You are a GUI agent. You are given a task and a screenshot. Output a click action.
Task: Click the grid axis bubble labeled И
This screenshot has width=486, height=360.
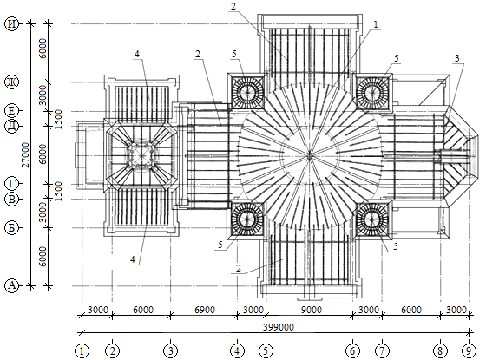pos(12,23)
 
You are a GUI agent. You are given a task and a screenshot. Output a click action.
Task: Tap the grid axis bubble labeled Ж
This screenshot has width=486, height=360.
pos(12,82)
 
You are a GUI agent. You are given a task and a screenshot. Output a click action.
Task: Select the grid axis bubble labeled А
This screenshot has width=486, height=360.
pos(12,285)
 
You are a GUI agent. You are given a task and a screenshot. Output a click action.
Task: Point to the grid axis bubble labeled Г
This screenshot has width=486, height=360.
pos(12,184)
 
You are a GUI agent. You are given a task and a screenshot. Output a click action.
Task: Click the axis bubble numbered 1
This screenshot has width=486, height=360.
pos(82,350)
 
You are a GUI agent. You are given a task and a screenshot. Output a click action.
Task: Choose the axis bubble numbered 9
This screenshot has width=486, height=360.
pos(469,350)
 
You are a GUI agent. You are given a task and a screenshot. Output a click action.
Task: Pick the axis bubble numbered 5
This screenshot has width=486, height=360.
pos(266,350)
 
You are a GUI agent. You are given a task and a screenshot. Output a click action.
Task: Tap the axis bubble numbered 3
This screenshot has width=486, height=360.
pos(170,350)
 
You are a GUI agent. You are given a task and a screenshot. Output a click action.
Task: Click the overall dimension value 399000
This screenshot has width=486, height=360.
pos(279,327)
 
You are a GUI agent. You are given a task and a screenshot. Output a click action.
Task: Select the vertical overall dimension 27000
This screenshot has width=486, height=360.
pos(26,155)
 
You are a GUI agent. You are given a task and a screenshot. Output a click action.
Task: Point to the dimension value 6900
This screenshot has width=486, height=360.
pos(204,310)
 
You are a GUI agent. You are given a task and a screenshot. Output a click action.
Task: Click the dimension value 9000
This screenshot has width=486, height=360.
pos(312,310)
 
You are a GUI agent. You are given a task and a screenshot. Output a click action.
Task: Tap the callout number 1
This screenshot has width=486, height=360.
pos(376,24)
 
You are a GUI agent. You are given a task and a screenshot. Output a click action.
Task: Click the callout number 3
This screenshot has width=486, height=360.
pos(456,58)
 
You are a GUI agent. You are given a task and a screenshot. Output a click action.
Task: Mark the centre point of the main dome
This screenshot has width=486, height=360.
pos(309,155)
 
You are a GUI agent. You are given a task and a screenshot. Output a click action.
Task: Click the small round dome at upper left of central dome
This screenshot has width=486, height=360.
pos(247,91)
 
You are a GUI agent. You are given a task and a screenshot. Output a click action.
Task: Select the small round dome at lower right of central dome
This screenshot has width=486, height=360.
pos(371,219)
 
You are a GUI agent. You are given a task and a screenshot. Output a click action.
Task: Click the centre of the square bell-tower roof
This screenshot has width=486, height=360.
pos(141,155)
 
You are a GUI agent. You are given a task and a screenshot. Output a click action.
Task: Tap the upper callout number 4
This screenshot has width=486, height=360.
pos(137,54)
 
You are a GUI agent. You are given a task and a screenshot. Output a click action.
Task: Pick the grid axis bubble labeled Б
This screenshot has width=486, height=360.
pos(12,227)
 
